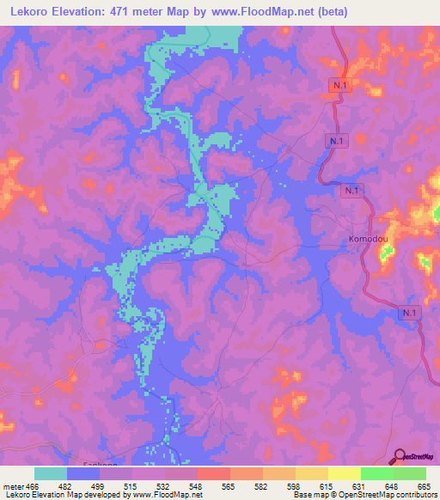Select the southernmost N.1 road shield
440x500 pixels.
pos(410,314)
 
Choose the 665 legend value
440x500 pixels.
pos(425,485)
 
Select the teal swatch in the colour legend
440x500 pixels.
pos(51,473)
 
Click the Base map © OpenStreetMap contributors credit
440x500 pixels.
pos(364,495)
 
